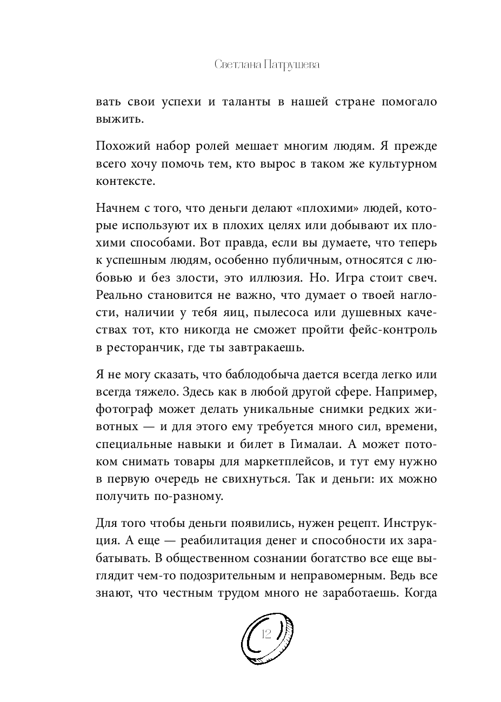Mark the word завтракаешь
[x=298, y=347]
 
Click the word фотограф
[x=122, y=410]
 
